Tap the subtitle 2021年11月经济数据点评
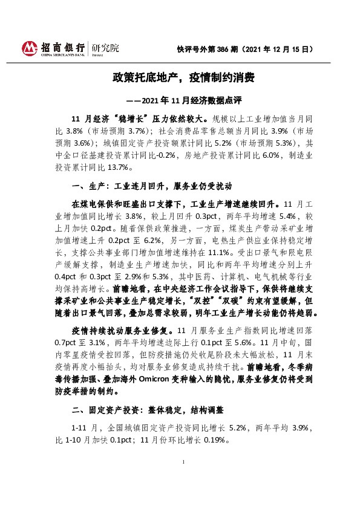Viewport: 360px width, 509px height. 187,99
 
